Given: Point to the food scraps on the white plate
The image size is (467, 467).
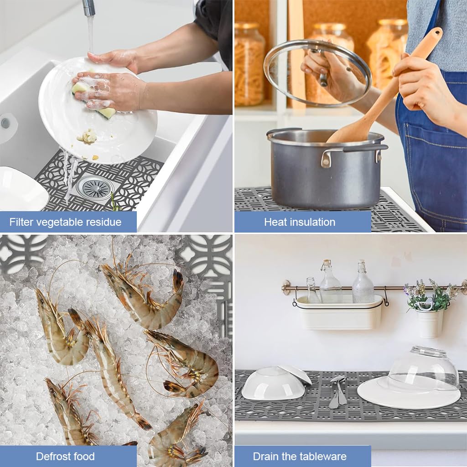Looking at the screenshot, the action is (x=88, y=137).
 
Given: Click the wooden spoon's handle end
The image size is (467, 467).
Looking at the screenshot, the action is (x=435, y=33).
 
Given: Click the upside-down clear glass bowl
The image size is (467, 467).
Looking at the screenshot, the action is (x=423, y=368).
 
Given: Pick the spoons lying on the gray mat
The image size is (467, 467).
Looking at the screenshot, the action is (x=337, y=392).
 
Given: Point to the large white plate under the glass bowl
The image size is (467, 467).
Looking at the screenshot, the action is (x=409, y=394).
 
